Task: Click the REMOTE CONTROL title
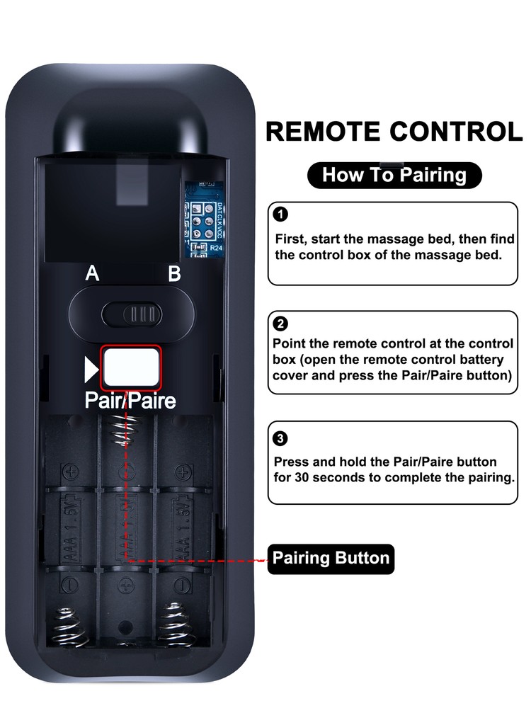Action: pyautogui.click(x=394, y=132)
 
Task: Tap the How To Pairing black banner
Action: pyautogui.click(x=394, y=175)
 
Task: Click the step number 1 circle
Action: pyautogui.click(x=281, y=214)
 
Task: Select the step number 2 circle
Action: pyautogui.click(x=281, y=324)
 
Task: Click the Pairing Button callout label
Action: pyautogui.click(x=331, y=558)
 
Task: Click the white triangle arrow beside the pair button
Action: pyautogui.click(x=91, y=368)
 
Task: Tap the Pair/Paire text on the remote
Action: pyautogui.click(x=130, y=401)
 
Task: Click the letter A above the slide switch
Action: pyautogui.click(x=92, y=274)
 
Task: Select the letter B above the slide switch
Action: pyautogui.click(x=174, y=274)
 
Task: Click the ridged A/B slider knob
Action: pyautogui.click(x=142, y=312)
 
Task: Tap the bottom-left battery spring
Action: pyautogui.click(x=71, y=625)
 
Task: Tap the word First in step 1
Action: pyautogui.click(x=290, y=239)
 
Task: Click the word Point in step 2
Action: pyautogui.click(x=289, y=343)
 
